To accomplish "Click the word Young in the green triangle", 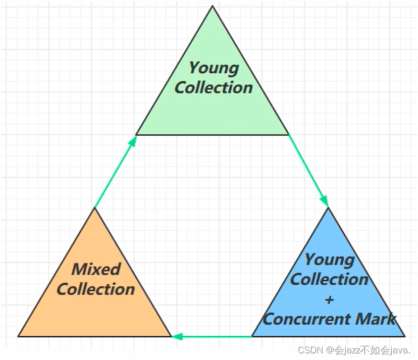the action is tap(214, 67).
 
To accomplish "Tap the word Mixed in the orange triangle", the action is tap(96, 269).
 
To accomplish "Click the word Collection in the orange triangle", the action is tap(96, 289).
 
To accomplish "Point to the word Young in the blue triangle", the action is tap(329, 260).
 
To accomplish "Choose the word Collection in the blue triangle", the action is tap(329, 279).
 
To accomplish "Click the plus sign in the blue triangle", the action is tap(329, 299).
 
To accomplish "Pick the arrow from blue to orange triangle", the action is tap(212, 336).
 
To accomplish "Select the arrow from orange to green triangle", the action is tap(116, 172).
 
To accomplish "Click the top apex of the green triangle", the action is tap(213, 6).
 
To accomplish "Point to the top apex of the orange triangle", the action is tap(95, 208).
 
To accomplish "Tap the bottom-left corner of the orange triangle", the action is tap(19, 336).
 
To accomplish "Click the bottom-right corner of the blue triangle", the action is tap(405, 336).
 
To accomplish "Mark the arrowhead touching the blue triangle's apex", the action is tap(325, 202).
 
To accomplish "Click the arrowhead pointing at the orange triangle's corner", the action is tap(176, 336).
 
